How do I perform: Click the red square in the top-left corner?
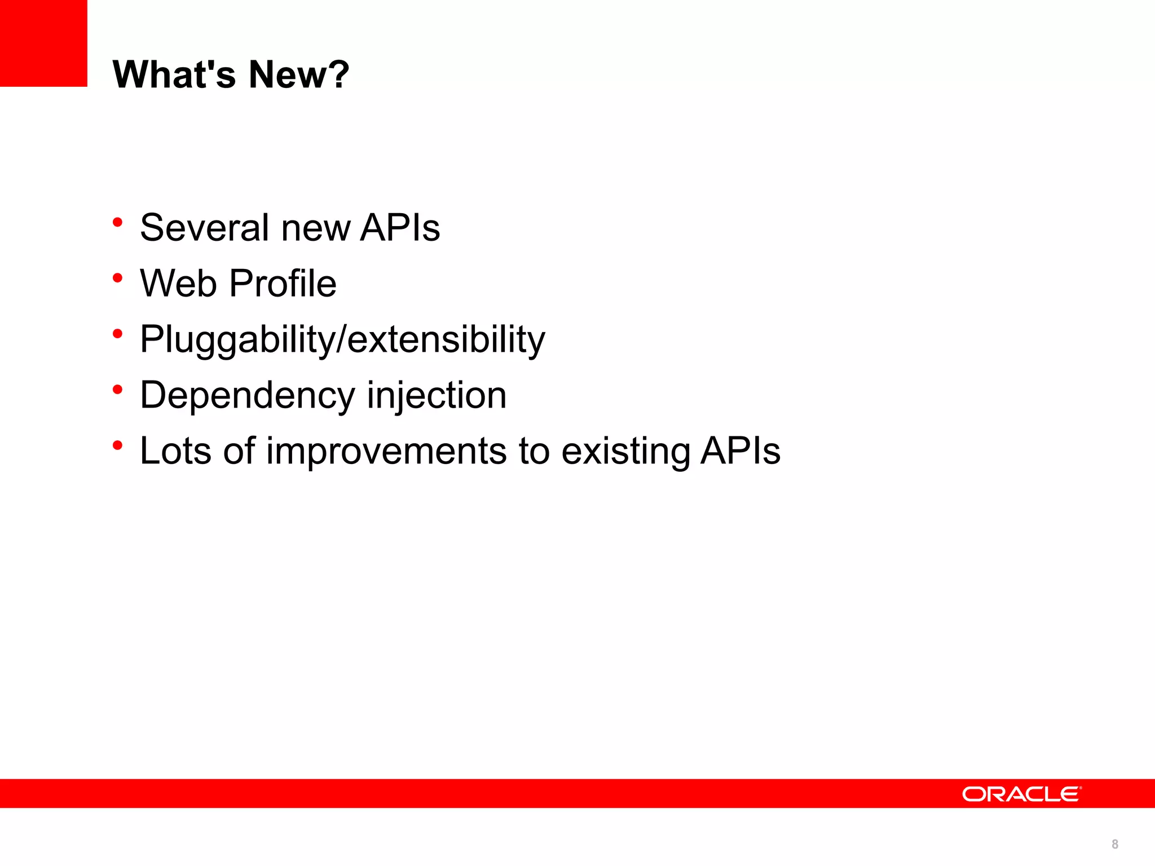(x=43, y=43)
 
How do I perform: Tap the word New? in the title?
(x=299, y=74)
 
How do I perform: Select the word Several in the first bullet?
(x=204, y=228)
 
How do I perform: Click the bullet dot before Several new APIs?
(x=117, y=222)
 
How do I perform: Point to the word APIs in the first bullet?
(x=400, y=228)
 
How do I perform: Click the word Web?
(x=178, y=283)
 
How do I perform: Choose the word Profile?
(x=283, y=283)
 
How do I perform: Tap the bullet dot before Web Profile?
(x=117, y=278)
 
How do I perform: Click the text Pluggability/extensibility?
(x=342, y=339)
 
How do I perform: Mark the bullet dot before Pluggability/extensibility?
(x=117, y=334)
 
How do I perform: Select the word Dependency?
(x=247, y=395)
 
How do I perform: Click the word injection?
(x=437, y=395)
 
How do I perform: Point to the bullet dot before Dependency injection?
(x=117, y=390)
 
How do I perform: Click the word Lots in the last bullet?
(x=175, y=451)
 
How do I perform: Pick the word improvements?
(x=386, y=451)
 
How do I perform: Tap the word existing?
(x=625, y=451)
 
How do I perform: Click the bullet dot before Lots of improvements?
(x=117, y=445)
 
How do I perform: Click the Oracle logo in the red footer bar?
(x=1021, y=794)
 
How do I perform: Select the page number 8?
(x=1115, y=844)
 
